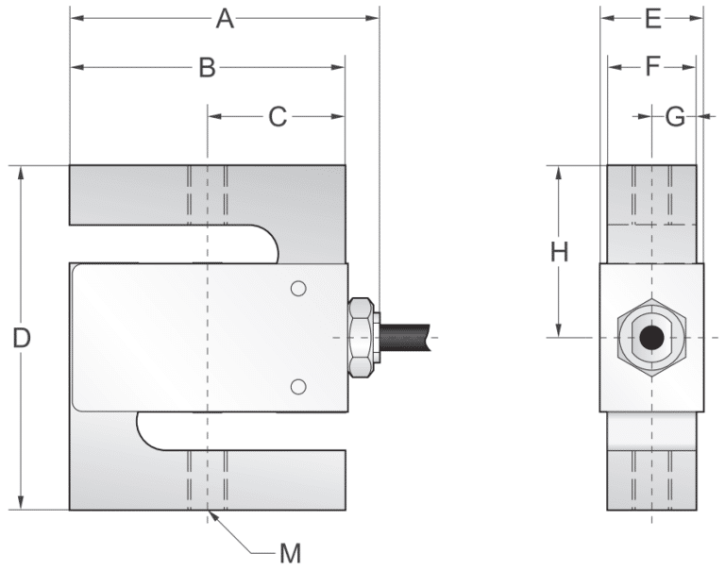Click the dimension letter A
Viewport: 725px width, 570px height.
tap(224, 18)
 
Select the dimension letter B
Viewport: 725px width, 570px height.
tap(208, 67)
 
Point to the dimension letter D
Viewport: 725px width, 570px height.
tap(22, 338)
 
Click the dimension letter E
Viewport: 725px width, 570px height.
tap(651, 18)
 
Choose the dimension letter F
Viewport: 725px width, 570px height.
tap(651, 67)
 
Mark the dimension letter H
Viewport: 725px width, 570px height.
tap(560, 252)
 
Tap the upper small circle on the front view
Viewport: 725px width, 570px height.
tap(298, 289)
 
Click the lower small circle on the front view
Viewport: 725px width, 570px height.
tap(298, 385)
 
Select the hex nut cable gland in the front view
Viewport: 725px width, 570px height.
tap(362, 337)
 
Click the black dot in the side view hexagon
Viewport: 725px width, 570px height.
tap(649, 337)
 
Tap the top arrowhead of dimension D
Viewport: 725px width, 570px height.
tap(22, 173)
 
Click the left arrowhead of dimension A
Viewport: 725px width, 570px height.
tap(76, 18)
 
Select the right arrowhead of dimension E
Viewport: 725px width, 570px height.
tap(698, 18)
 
